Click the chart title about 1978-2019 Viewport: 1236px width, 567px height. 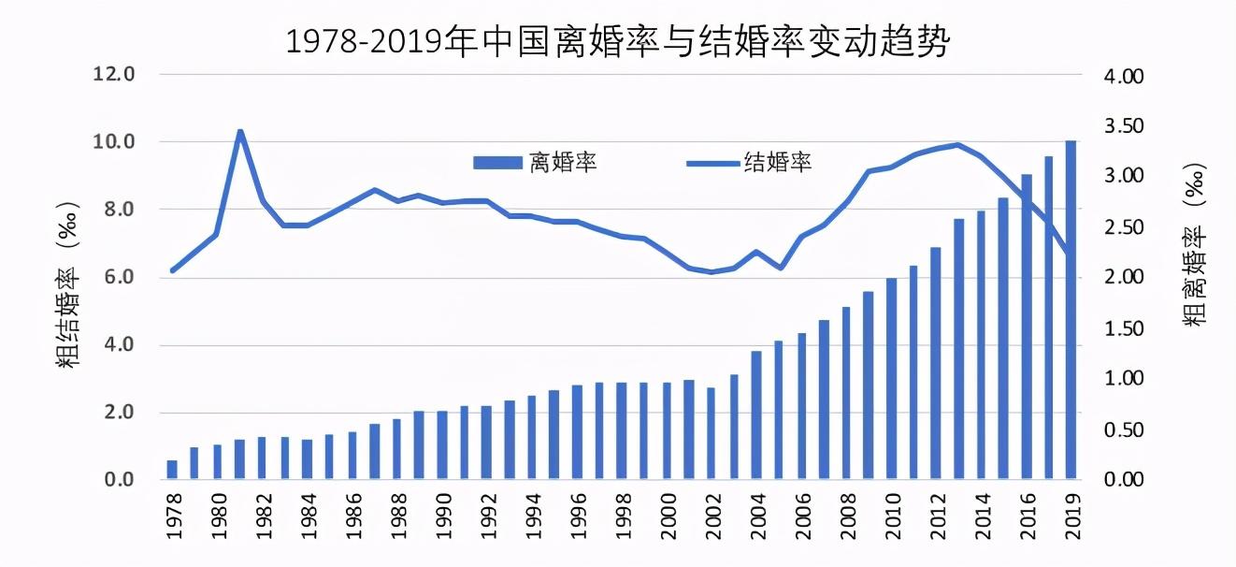617,41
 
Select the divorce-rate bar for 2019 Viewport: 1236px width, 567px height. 1071,311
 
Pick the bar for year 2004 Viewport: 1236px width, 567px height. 756,415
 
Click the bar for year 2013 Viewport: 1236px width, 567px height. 958,349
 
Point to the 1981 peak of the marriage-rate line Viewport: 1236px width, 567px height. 240,131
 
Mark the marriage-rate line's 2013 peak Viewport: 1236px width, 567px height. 957,145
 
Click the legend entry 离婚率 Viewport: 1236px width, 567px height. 536,163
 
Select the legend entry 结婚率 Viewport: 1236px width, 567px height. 749,163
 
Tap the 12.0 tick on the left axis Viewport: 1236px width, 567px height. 114,74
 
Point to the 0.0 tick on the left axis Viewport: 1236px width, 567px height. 118,480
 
